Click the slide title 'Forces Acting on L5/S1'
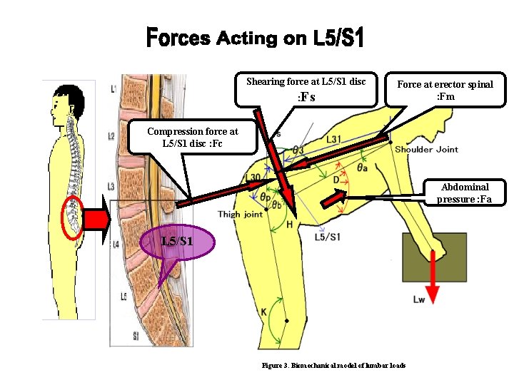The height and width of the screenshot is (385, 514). coord(255,38)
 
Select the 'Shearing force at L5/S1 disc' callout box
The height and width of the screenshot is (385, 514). coord(306,89)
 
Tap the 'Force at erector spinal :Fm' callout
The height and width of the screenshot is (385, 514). coord(445,90)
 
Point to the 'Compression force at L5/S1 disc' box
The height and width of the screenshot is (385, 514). coord(192,136)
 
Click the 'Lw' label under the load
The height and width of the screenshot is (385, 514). coord(419,300)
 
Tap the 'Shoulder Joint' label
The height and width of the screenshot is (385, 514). coord(426,150)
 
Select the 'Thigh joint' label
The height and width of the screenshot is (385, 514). coord(240,214)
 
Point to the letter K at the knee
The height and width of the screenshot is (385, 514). coord(263,312)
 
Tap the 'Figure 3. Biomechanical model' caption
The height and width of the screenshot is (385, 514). coord(333,365)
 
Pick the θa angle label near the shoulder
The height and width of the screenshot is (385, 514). coord(363,168)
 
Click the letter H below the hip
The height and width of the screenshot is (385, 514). coord(289,225)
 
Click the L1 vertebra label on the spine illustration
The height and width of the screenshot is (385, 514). coord(114,89)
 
